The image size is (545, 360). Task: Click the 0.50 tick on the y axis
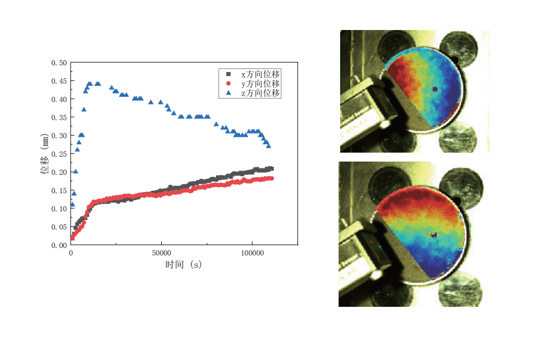(59, 63)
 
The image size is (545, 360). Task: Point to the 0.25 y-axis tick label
(59, 154)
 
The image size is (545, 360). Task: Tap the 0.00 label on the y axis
(59, 245)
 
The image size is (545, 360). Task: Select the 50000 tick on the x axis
(161, 253)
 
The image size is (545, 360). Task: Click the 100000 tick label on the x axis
(252, 253)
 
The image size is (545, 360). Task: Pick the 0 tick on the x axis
(71, 253)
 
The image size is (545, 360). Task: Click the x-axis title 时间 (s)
(183, 265)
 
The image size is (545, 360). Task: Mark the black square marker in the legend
(228, 74)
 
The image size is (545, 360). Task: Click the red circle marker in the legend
(228, 84)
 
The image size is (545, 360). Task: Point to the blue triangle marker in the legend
(228, 93)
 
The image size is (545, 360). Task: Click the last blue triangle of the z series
(269, 146)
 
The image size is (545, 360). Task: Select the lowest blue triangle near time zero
(72, 204)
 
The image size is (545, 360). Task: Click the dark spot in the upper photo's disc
(434, 89)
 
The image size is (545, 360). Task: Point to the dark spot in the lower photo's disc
(434, 234)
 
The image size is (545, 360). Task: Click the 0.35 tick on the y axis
(59, 117)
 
